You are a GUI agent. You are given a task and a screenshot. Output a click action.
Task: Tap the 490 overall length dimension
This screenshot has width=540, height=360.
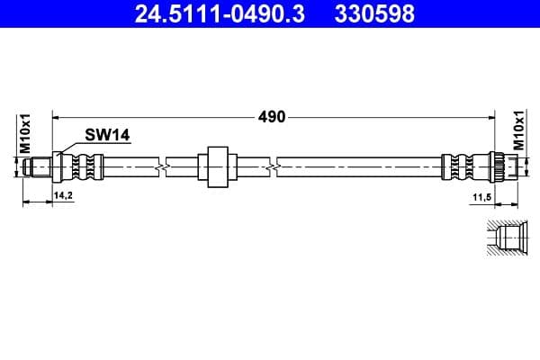272,116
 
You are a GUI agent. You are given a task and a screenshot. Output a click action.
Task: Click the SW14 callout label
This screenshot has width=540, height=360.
107,135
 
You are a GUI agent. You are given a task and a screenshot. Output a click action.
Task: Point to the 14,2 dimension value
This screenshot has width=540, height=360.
63,194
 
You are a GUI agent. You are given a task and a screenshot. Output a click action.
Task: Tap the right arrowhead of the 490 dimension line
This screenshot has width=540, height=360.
491,116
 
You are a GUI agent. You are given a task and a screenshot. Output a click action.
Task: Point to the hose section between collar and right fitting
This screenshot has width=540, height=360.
360,166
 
